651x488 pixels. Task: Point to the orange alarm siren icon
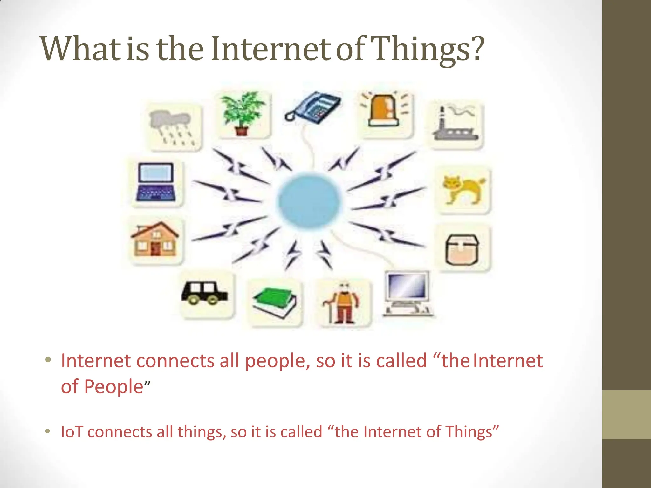click(383, 110)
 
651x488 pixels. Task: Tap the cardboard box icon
click(462, 249)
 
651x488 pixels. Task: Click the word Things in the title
click(420, 49)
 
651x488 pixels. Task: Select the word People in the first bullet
click(113, 387)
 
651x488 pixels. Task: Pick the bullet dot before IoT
click(48, 431)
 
